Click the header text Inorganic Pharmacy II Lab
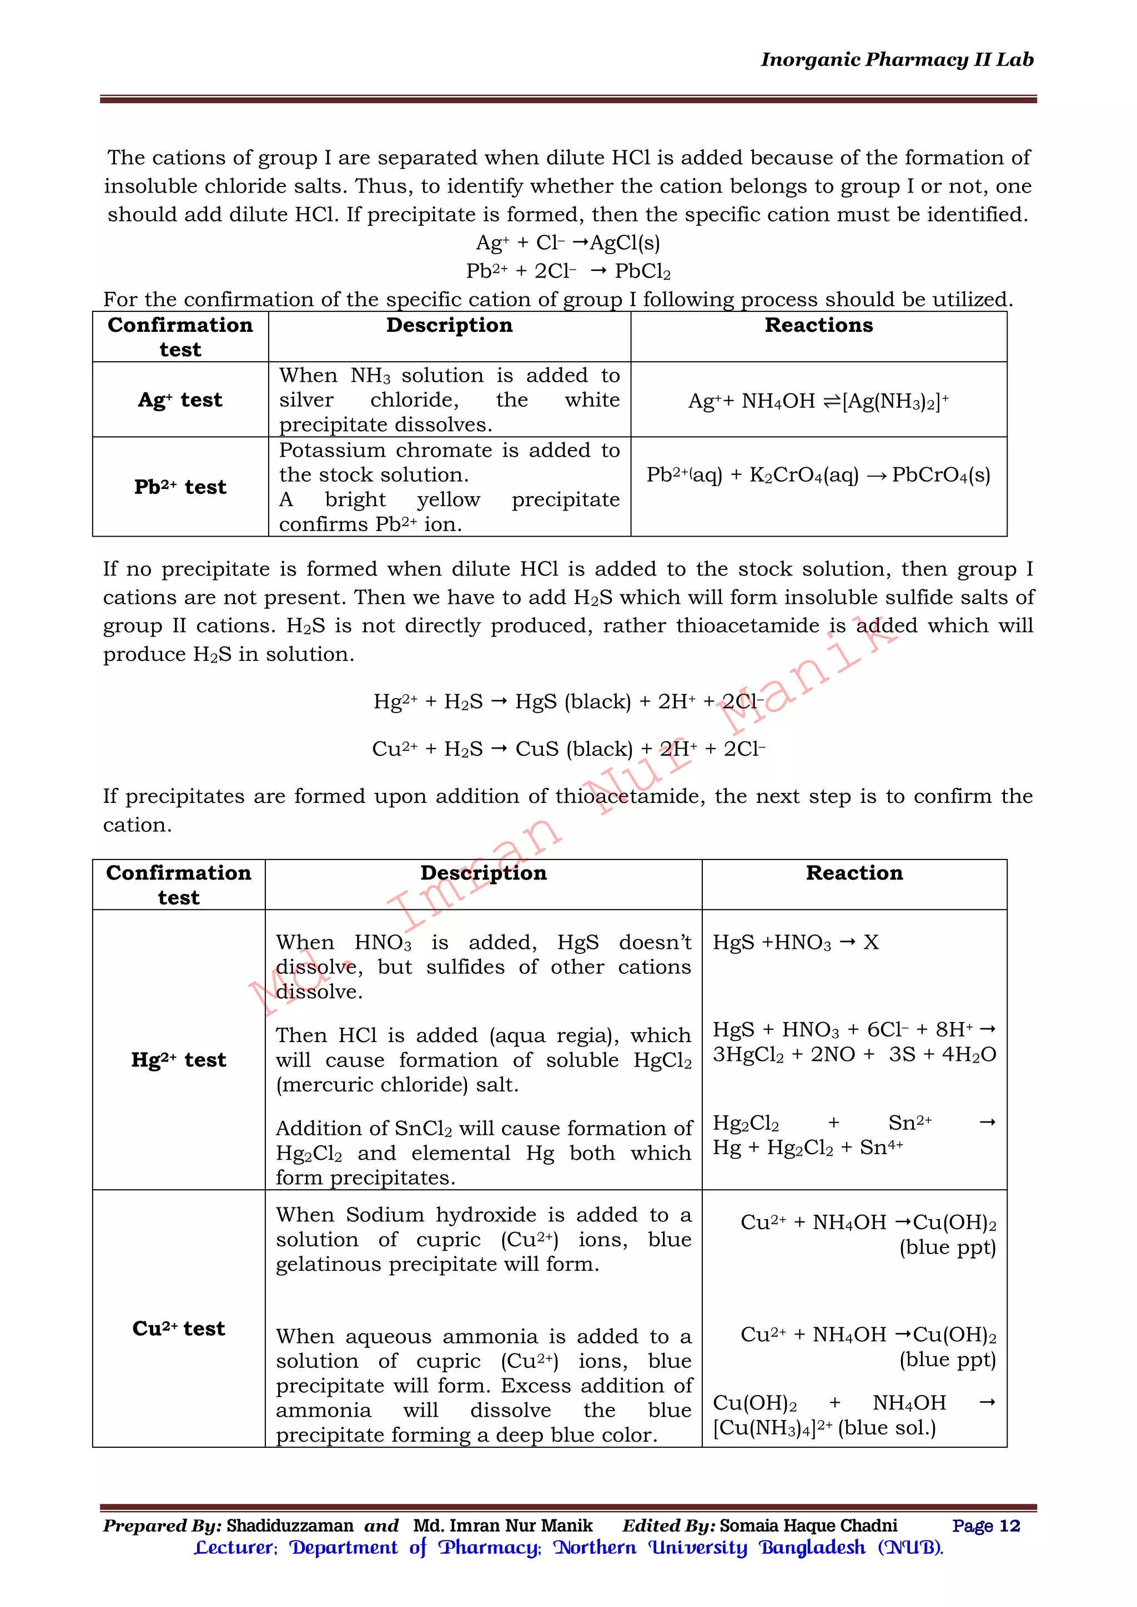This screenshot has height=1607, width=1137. click(897, 60)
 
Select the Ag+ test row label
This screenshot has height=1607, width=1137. click(180, 400)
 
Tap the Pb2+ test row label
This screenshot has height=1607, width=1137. click(180, 487)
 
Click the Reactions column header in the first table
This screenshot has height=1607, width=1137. click(818, 326)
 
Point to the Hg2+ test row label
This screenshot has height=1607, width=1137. click(179, 1060)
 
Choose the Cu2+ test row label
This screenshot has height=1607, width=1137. click(179, 1328)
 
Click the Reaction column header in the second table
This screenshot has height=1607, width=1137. click(854, 873)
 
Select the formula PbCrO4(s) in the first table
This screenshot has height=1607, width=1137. click(941, 475)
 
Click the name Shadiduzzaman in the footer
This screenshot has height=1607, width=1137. click(290, 1526)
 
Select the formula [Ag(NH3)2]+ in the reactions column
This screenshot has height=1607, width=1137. click(895, 401)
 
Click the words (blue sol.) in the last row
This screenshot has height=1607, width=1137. click(887, 1428)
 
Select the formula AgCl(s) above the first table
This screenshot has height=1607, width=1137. click(625, 243)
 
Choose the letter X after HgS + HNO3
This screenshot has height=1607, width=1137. click(871, 942)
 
